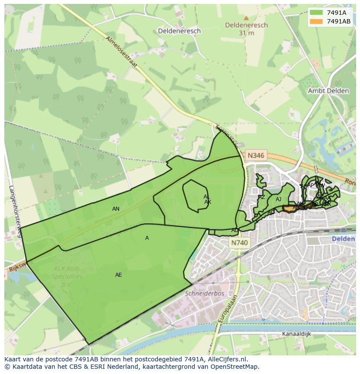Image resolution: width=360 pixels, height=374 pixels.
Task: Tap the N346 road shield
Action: click(x=255, y=155)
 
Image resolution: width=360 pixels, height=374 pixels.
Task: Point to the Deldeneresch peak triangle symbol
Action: click(x=246, y=18)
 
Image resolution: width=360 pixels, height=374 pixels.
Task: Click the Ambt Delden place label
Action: click(x=328, y=91)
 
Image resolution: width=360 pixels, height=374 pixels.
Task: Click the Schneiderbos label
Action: click(x=204, y=293)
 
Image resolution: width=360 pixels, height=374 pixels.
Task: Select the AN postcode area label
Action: click(x=116, y=209)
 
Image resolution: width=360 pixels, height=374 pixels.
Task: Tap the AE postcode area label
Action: click(x=119, y=275)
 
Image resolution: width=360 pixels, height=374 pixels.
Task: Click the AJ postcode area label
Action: click(x=278, y=199)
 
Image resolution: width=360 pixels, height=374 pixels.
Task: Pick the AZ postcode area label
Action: click(x=261, y=197)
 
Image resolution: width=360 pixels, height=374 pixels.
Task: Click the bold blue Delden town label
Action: click(x=343, y=239)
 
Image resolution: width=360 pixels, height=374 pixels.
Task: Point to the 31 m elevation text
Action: click(x=246, y=33)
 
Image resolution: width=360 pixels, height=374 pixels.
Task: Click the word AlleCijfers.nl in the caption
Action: click(x=227, y=359)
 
